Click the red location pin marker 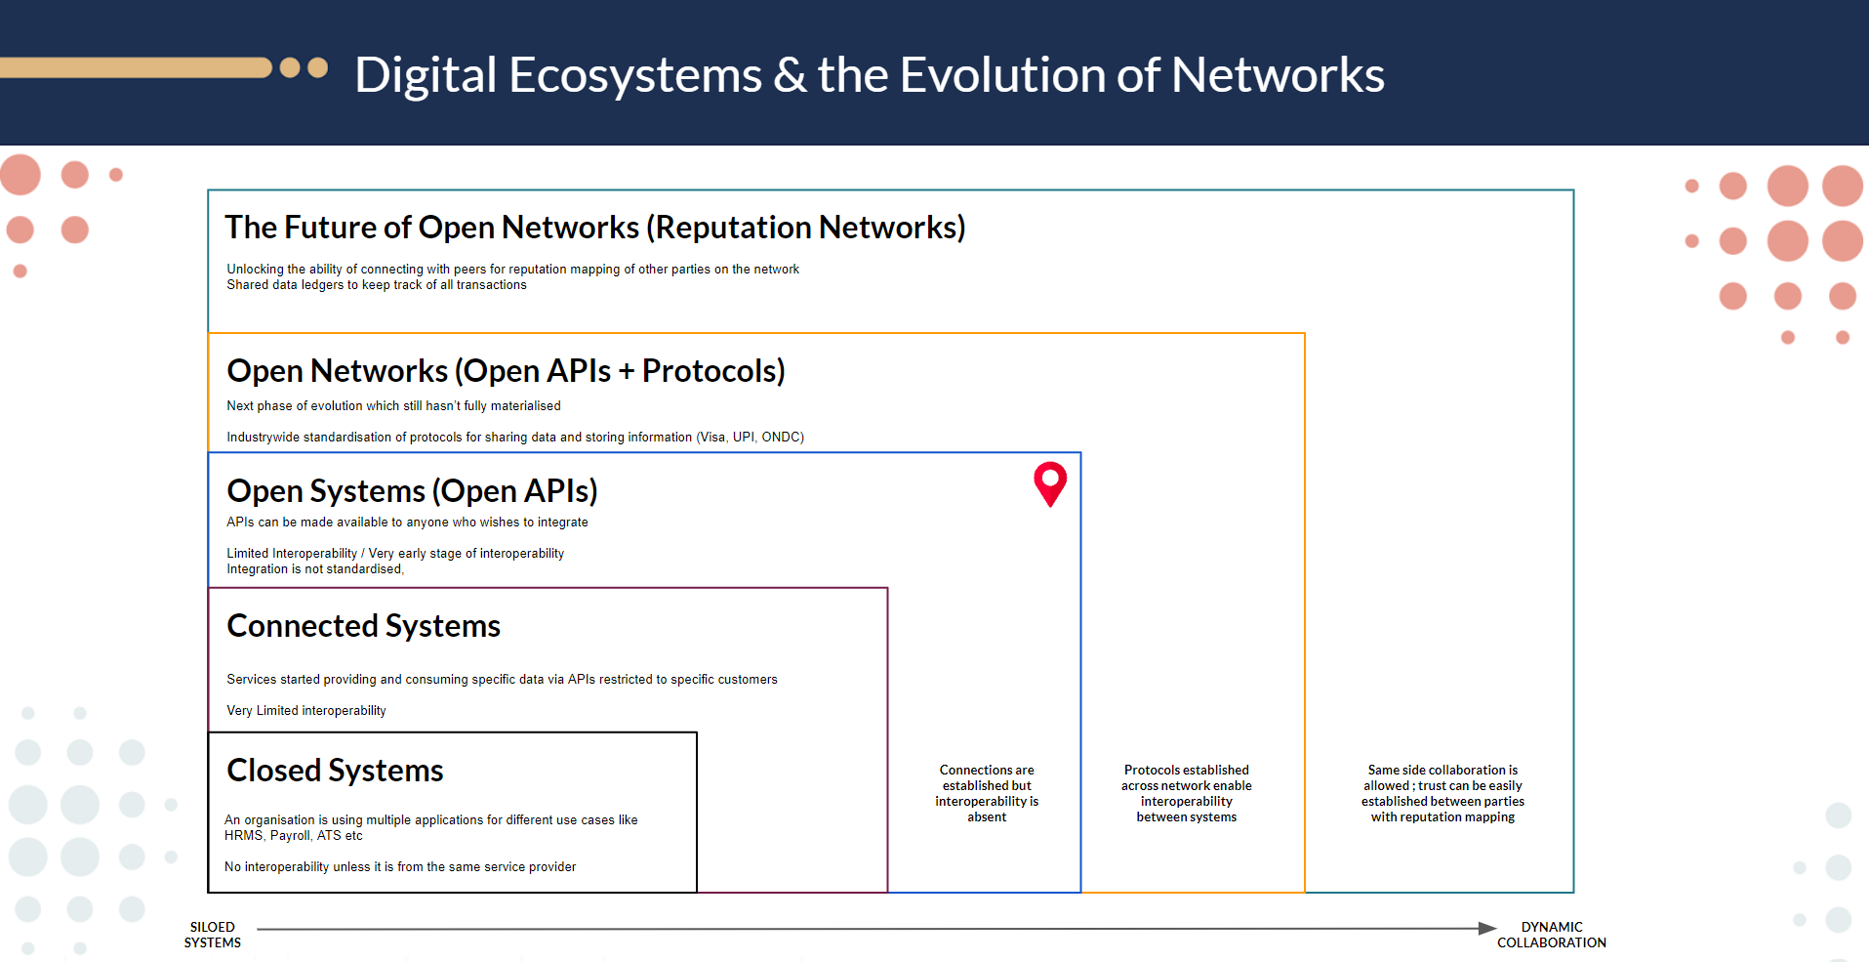coord(1050,483)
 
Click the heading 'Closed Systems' coord(335,771)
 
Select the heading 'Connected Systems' coord(363,626)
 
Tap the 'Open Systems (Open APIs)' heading coord(412,491)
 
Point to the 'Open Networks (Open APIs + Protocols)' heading coord(506,371)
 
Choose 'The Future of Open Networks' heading coord(595,228)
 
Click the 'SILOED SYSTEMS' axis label coord(213,935)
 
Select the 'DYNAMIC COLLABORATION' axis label coord(1552,935)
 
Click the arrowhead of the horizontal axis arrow coord(1487,928)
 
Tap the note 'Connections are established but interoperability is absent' coord(987,793)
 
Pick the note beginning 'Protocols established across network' coord(1187,793)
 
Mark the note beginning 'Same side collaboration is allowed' coord(1442,793)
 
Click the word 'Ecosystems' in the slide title coord(635,75)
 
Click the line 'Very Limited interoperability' coord(306,711)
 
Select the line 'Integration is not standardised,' coord(315,569)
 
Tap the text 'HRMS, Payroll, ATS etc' coord(294,836)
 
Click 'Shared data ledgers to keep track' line coord(377,285)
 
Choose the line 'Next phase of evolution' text coord(393,406)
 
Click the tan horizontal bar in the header coord(136,67)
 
